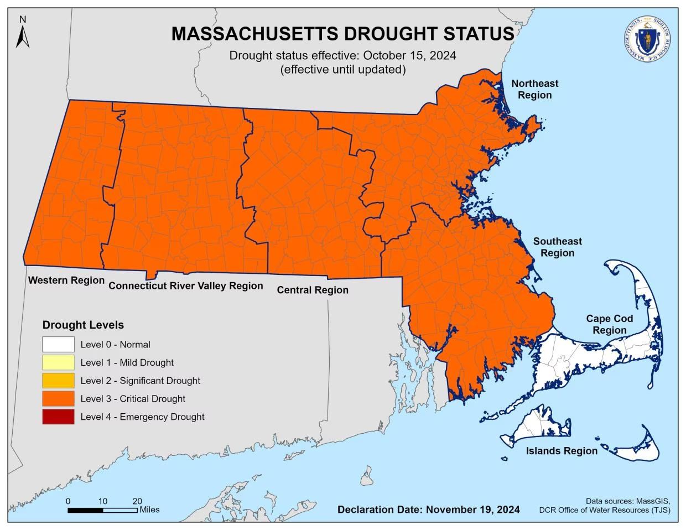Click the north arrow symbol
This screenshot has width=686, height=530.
[x=22, y=34]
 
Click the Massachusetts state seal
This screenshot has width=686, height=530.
[x=645, y=39]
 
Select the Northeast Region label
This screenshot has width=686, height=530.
[x=534, y=89]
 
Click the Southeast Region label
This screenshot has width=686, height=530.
[x=557, y=247]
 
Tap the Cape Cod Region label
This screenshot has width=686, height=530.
[x=609, y=325]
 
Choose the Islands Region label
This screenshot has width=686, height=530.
[x=561, y=451]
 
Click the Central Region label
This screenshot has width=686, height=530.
[x=313, y=290]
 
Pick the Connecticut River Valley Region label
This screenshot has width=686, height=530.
[x=185, y=286]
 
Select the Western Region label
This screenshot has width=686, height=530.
[x=66, y=280]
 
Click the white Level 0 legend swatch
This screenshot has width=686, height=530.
[x=58, y=345]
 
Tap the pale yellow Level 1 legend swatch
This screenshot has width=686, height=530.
[x=58, y=363]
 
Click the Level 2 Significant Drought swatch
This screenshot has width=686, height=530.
[x=58, y=381]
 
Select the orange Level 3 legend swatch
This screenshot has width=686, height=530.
[x=58, y=399]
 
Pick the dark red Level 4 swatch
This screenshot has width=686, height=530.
[x=58, y=417]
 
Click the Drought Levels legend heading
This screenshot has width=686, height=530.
[x=83, y=325]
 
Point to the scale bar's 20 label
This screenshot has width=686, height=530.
[x=137, y=501]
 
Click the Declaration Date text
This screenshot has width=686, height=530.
[x=428, y=510]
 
